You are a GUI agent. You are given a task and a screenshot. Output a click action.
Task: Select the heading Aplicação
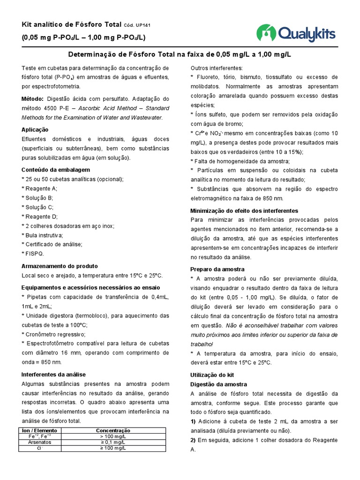[x=35, y=129]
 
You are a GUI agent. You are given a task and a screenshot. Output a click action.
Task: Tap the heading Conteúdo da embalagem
[x=56, y=170]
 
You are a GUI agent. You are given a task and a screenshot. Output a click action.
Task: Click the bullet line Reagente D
[x=39, y=216]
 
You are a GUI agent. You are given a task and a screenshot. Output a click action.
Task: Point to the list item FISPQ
[x=33, y=254]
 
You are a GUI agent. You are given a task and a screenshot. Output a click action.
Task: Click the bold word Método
[x=32, y=99]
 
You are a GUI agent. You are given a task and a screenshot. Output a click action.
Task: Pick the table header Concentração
[x=113, y=430]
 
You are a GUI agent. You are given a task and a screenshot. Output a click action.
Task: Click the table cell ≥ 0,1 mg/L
[x=113, y=442]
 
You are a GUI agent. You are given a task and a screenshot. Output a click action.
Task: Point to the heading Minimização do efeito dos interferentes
[x=244, y=210]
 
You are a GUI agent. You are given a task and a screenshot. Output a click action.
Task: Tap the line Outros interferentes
[x=217, y=67]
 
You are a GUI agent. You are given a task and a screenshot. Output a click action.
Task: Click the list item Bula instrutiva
[x=43, y=235]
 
